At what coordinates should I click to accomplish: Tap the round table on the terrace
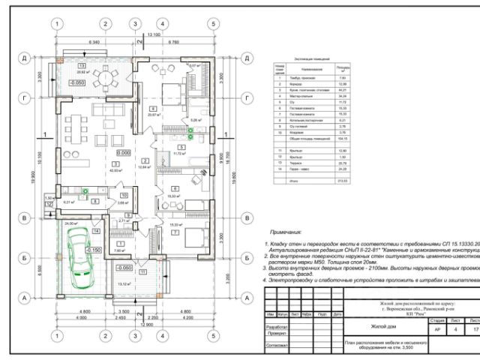(x=105, y=78)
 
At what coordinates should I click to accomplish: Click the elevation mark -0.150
(x=94, y=250)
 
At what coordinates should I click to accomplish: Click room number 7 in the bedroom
(x=175, y=232)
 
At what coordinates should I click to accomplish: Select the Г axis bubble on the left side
(x=25, y=98)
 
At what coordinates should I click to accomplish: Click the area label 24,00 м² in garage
(x=73, y=223)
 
